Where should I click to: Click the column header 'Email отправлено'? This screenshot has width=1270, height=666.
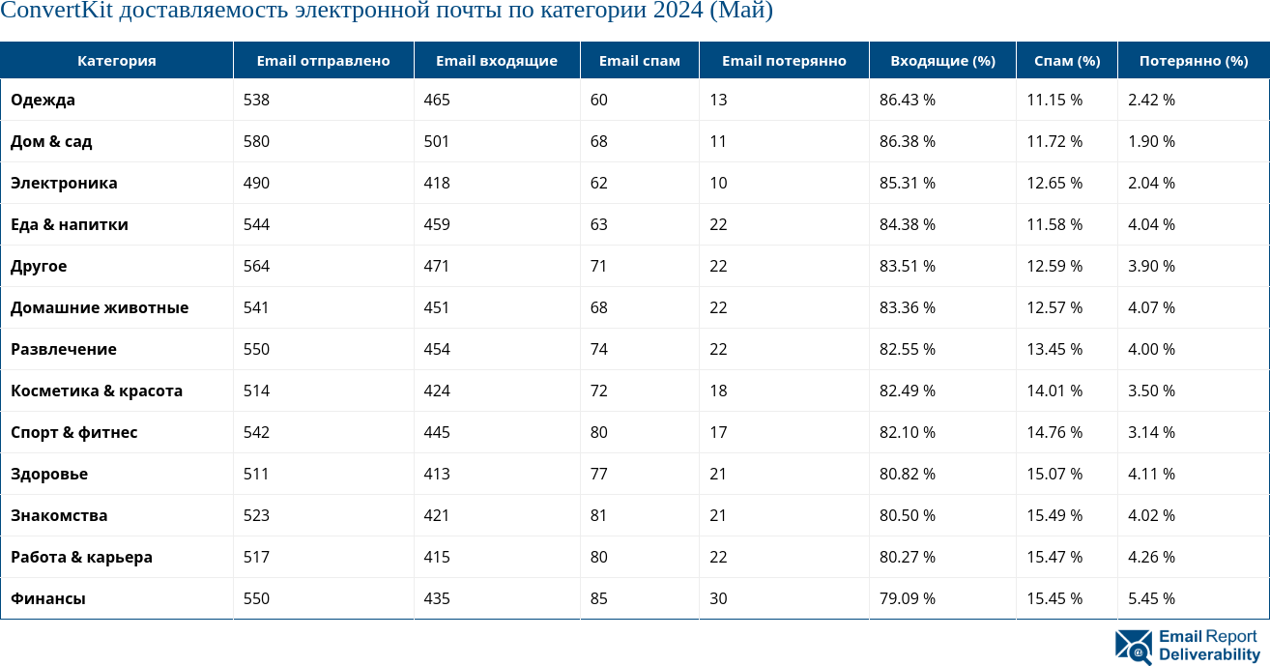pos(323,61)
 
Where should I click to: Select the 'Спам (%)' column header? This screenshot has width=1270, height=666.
pos(1067,61)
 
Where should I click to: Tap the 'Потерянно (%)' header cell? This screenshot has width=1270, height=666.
pos(1194,61)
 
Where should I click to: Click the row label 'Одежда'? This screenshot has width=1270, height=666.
pos(43,100)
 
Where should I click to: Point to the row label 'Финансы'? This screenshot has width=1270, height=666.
pos(48,598)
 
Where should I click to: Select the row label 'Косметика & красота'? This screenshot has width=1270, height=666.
pos(97,391)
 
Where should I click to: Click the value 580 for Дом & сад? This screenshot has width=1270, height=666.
pos(256,141)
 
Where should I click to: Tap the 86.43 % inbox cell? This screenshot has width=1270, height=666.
pos(908,100)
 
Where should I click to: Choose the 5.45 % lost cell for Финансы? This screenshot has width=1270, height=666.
pos(1151,598)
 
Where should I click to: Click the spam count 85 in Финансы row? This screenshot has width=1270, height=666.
pos(599,598)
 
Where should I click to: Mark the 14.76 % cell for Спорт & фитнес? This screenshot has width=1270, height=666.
pos(1054,432)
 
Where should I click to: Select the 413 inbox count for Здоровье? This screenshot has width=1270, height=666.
pos(437,474)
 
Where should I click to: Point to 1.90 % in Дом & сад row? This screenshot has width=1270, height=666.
pos(1151,141)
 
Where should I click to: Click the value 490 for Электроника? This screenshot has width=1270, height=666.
pos(256,183)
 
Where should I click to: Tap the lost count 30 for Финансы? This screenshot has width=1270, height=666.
pos(718,598)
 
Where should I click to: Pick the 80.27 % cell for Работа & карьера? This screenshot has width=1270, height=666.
pos(908,557)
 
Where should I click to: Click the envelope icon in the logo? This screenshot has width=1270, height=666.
pos(1134,647)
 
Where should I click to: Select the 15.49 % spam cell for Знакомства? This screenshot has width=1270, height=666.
pos(1054,515)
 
